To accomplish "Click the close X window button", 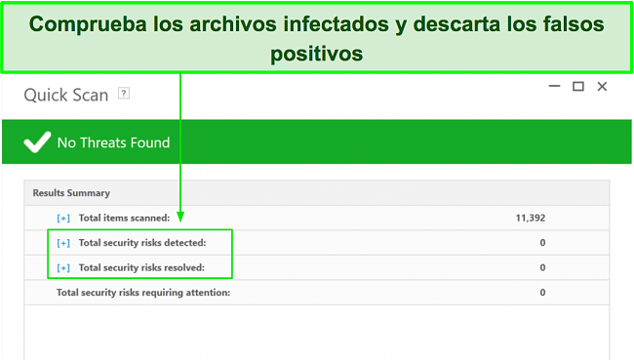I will tap(602, 87).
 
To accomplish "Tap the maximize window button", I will tap(577, 87).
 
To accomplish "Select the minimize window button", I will tap(553, 87).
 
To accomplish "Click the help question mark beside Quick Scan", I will tap(123, 94).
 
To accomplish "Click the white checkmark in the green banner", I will tap(37, 142).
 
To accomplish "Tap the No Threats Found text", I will tap(113, 142).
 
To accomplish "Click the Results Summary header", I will tap(71, 193).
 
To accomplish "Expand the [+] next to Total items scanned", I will tap(63, 218).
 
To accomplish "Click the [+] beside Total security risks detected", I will tap(63, 242).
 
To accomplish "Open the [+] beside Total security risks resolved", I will tap(63, 267).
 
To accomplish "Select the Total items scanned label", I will tap(125, 218).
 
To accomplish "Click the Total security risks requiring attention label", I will tap(143, 292).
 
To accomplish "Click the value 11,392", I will tap(530, 218).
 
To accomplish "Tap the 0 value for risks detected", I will tap(542, 242).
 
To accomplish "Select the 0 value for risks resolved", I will tap(542, 267).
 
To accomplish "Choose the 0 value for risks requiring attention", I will tap(542, 292).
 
